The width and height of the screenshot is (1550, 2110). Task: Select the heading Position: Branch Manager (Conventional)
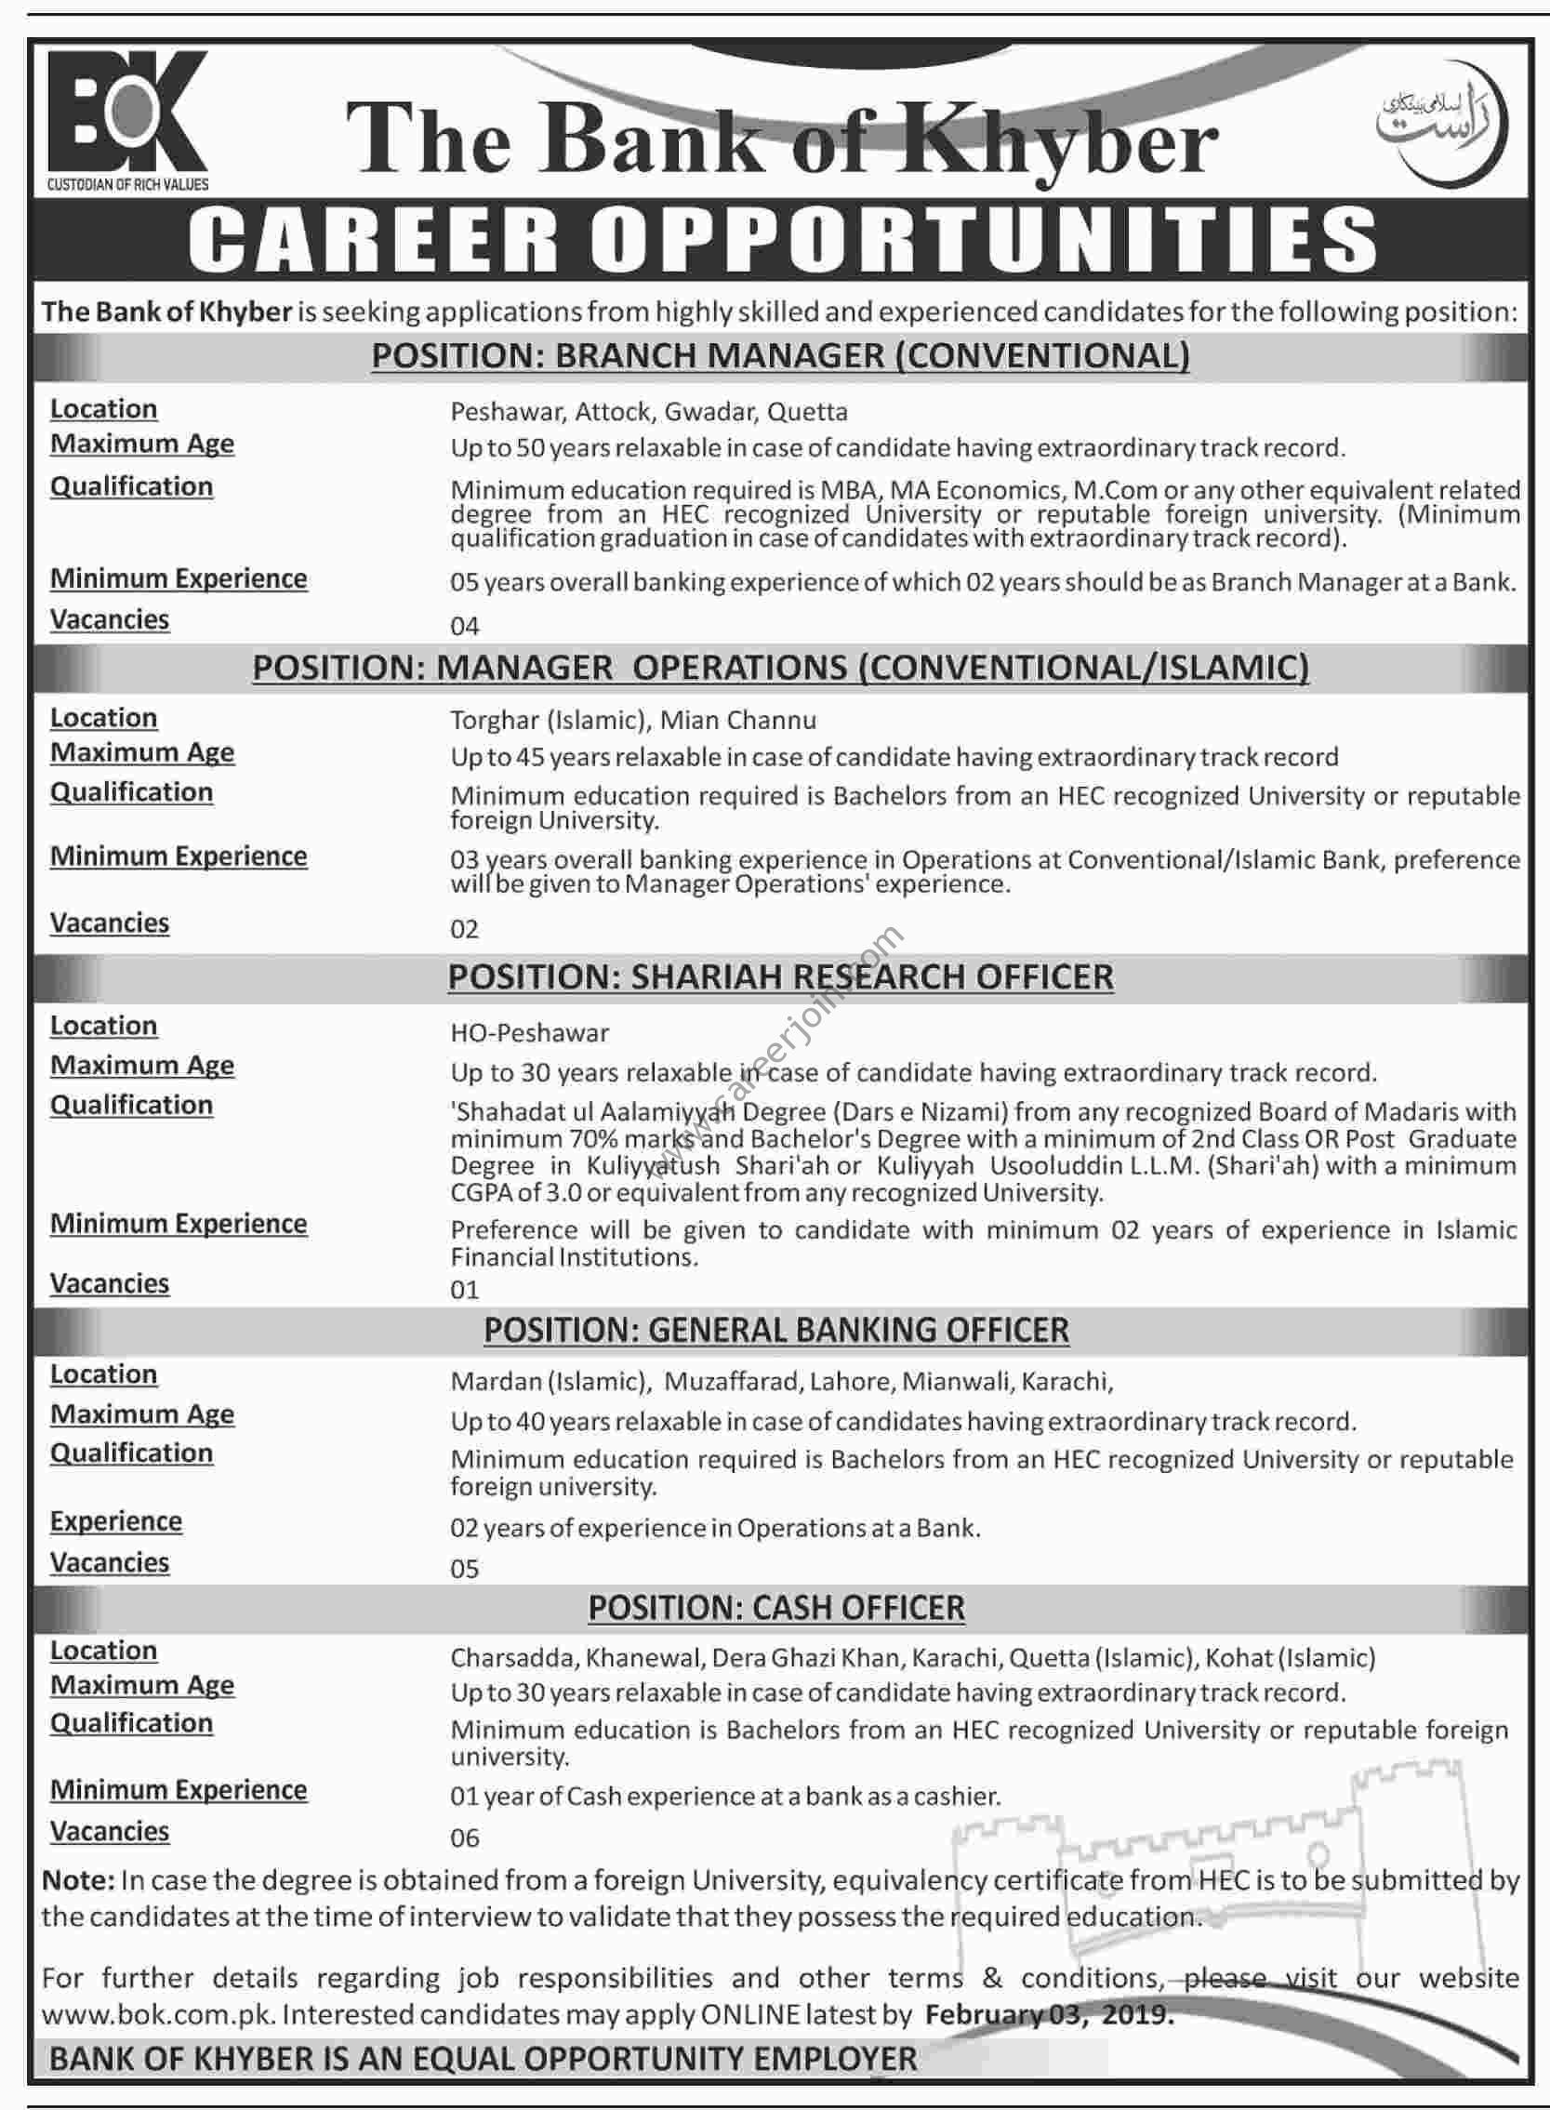click(781, 356)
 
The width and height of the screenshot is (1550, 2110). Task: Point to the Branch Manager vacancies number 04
click(464, 626)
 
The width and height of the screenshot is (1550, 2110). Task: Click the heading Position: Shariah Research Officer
click(781, 976)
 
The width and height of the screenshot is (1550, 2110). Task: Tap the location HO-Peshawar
click(529, 1033)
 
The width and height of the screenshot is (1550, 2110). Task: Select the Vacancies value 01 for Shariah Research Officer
click(464, 1290)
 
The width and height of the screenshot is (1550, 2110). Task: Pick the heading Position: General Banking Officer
click(776, 1331)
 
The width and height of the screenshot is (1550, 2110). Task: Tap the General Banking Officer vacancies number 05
click(464, 1569)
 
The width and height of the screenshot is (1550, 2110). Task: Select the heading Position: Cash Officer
click(776, 1608)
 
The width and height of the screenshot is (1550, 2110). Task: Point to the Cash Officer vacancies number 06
click(464, 1838)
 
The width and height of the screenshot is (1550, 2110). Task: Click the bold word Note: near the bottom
click(78, 1880)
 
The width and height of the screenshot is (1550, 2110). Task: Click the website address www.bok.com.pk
click(156, 2014)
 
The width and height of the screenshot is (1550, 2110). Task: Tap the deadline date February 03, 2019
click(1049, 2014)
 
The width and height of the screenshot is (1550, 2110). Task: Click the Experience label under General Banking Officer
click(116, 1520)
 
